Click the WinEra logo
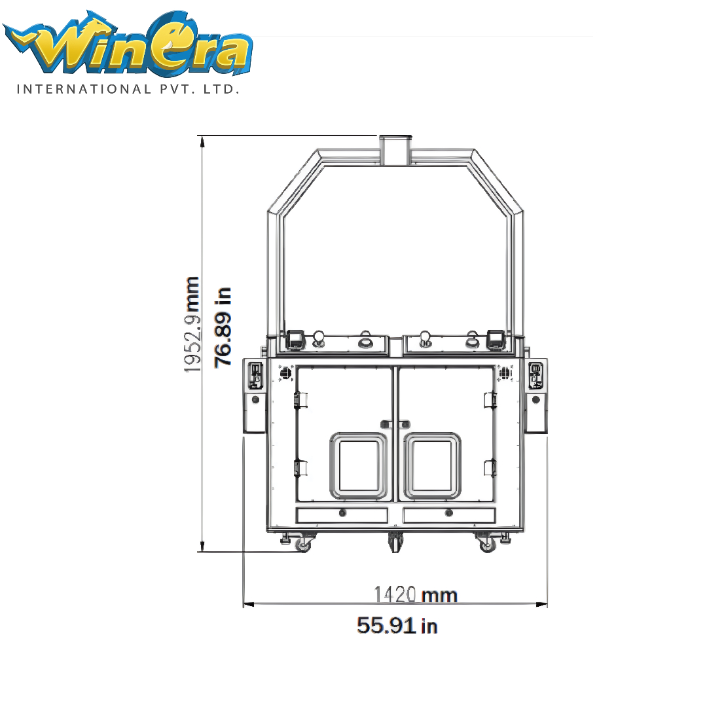point(128,43)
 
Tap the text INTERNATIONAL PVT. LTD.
point(128,89)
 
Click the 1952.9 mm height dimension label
point(192,325)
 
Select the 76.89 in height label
point(223,327)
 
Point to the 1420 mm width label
point(416,594)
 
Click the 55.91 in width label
point(397,625)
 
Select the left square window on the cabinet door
point(359,466)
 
